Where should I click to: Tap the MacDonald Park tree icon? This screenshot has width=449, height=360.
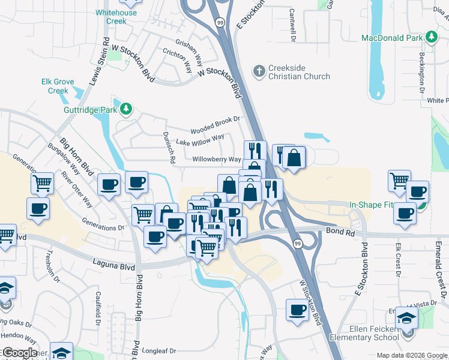[x=432, y=38]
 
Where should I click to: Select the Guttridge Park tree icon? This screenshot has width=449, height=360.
[x=125, y=109]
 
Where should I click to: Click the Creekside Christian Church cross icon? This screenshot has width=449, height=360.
[x=259, y=71]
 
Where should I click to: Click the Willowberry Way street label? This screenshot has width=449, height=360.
[x=217, y=160]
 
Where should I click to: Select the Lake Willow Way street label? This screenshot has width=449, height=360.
[x=200, y=142]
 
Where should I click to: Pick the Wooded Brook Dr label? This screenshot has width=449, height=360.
[x=215, y=125]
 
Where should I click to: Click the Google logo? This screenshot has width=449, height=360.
[x=19, y=353]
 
